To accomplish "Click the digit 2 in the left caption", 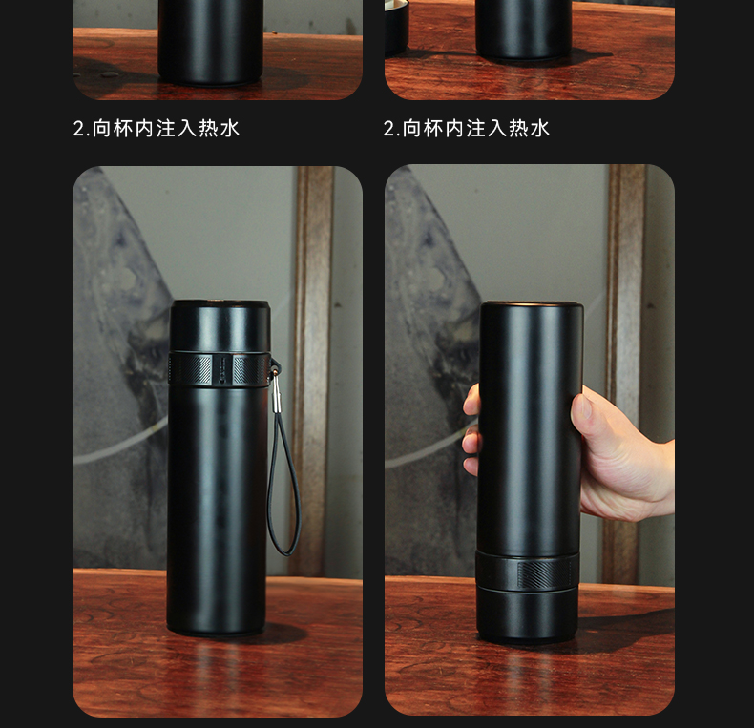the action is pyautogui.click(x=78, y=129).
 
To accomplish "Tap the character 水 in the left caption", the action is pyautogui.click(x=229, y=129).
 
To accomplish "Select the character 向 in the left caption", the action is pyautogui.click(x=101, y=129).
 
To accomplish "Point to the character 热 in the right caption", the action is pyautogui.click(x=518, y=129).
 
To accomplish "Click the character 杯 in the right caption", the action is pyautogui.click(x=432, y=129).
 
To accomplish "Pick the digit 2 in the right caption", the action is pyautogui.click(x=388, y=129).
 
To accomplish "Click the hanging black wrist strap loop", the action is pyautogui.click(x=284, y=481).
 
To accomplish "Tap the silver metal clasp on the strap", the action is pyautogui.click(x=276, y=389).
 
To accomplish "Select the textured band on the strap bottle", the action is pyautogui.click(x=218, y=369).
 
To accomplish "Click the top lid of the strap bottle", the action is pyautogui.click(x=220, y=326).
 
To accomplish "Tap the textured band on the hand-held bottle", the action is pyautogui.click(x=528, y=572).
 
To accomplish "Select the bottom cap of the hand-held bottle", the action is pyautogui.click(x=528, y=615).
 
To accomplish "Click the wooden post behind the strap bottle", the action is pyautogui.click(x=311, y=370).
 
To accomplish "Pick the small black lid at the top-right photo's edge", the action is pyautogui.click(x=396, y=27).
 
